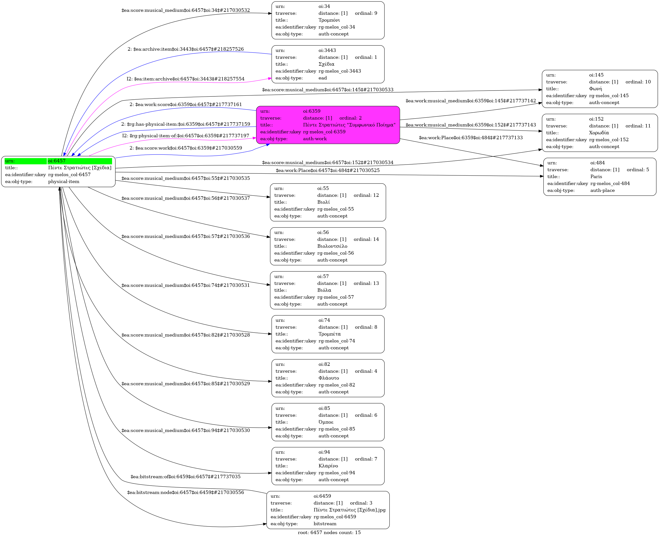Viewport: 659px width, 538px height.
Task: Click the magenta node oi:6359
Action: click(x=328, y=125)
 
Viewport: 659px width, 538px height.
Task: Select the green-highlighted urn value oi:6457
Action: click(x=57, y=161)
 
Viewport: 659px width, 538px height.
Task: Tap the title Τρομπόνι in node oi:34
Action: click(x=329, y=20)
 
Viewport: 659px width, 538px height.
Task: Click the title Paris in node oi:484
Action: click(x=596, y=177)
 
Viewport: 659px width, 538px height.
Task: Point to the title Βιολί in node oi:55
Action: click(x=323, y=202)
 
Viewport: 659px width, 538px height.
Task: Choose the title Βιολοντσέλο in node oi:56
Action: click(x=332, y=246)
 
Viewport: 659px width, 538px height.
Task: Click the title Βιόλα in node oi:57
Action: click(x=324, y=290)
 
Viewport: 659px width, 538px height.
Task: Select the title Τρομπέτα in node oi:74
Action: click(x=329, y=334)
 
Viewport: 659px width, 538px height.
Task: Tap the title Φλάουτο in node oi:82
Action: click(x=329, y=378)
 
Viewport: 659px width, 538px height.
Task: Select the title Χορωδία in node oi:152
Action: click(x=599, y=133)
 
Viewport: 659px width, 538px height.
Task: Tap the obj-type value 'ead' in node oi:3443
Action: click(x=322, y=78)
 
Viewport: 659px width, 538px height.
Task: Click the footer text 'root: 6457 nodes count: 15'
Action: click(x=329, y=532)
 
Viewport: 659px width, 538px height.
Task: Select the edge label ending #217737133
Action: click(x=470, y=138)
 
